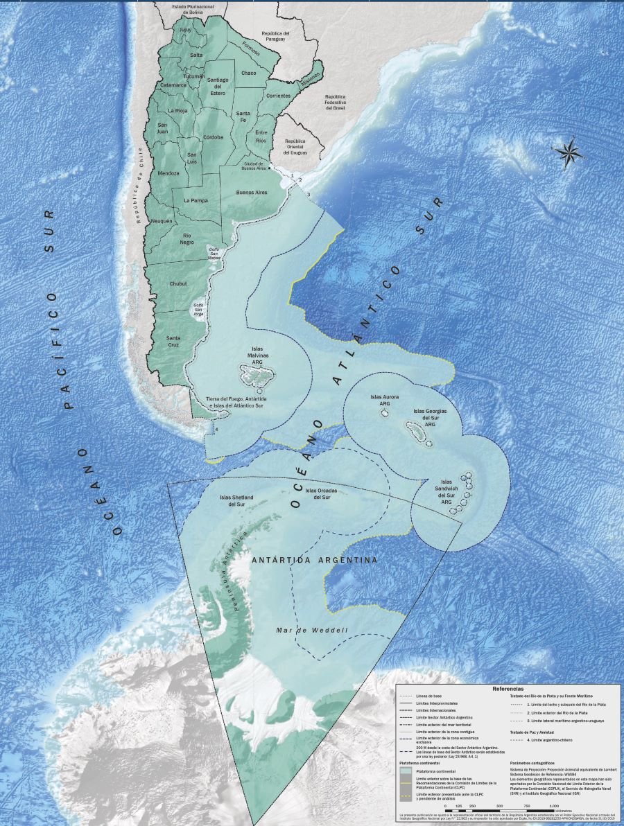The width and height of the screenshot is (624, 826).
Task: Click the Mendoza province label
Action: click(x=168, y=173)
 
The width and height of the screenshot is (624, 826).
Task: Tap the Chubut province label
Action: click(x=177, y=283)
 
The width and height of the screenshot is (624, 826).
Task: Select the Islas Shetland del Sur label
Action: click(x=236, y=500)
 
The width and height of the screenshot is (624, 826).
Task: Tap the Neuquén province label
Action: click(x=162, y=220)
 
